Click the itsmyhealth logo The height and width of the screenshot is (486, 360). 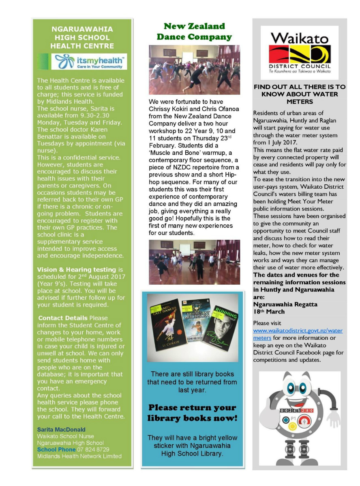pos(89,62)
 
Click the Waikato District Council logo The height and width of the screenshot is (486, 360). pos(299,53)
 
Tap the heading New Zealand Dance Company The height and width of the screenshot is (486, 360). pos(194,32)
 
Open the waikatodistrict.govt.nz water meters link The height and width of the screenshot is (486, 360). pos(298,334)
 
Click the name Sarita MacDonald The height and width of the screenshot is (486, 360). pos(61,429)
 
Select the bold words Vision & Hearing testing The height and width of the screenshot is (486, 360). pos(76,270)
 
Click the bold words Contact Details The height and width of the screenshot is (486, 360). pos(62,318)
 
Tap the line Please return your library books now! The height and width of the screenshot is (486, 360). pos(193,413)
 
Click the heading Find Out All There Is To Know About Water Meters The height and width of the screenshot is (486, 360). pos(299,94)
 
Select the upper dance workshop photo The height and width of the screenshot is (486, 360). pos(194,70)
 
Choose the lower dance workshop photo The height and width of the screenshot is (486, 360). pos(194,262)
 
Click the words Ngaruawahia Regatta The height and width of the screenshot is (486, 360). pos(279,304)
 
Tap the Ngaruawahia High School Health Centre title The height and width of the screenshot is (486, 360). pos(82,38)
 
